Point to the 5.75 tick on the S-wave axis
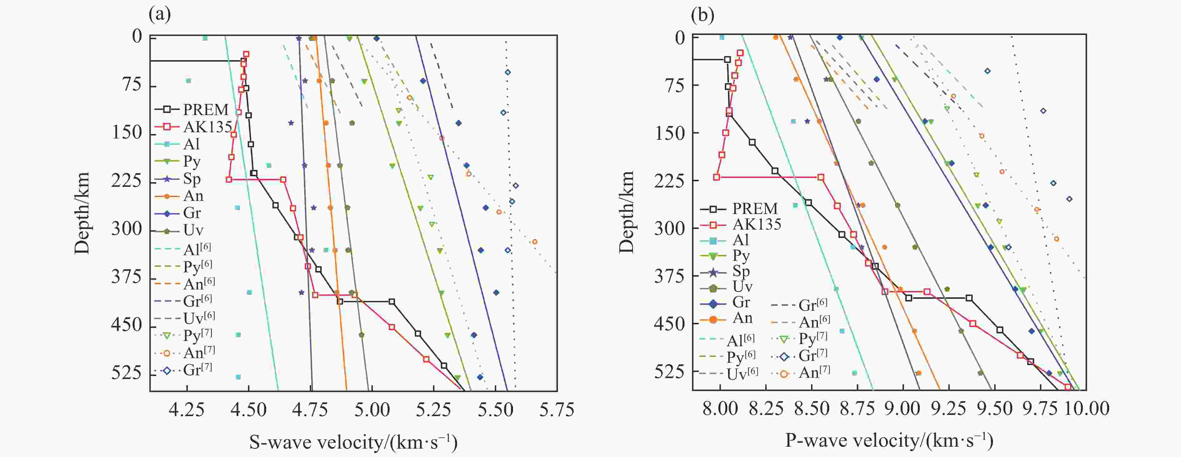click(556, 409)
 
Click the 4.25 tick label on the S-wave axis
click(187, 409)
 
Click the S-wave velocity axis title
click(353, 442)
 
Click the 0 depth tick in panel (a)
click(137, 36)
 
